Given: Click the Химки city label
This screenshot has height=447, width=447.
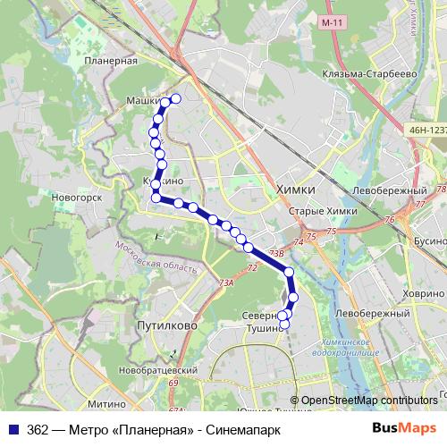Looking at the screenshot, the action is coord(296,189).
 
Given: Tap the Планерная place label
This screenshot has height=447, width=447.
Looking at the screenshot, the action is coord(112,61).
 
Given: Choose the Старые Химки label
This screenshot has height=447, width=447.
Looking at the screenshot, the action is coord(324,211).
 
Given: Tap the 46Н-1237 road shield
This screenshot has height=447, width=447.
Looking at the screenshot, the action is coord(426,130).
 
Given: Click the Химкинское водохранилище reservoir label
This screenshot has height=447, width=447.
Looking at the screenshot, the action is coord(358,348).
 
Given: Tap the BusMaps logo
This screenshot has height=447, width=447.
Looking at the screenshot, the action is coord(405,428).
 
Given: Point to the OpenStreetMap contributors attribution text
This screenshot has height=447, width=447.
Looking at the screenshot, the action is coord(368,401).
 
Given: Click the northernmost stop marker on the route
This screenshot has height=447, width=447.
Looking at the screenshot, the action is coord(175,99).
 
